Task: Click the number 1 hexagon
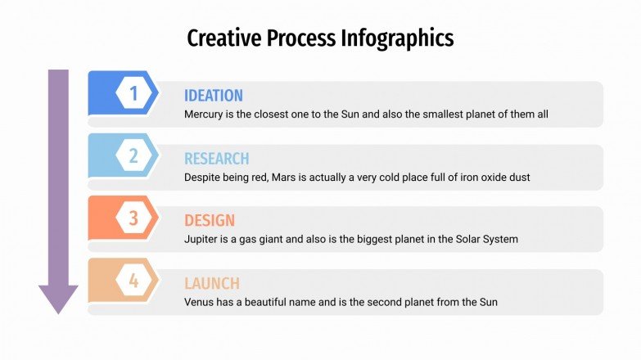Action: click(x=133, y=93)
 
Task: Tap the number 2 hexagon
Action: click(x=133, y=155)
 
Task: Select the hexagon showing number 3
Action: click(x=133, y=218)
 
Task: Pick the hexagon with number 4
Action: click(x=133, y=281)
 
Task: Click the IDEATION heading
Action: click(x=214, y=96)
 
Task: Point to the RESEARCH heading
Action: click(x=216, y=159)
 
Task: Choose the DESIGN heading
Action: click(x=210, y=221)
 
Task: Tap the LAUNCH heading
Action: click(x=212, y=284)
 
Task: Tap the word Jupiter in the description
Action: click(x=202, y=240)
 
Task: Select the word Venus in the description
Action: click(x=200, y=302)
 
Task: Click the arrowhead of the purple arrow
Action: click(x=58, y=299)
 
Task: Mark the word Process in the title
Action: click(x=299, y=38)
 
